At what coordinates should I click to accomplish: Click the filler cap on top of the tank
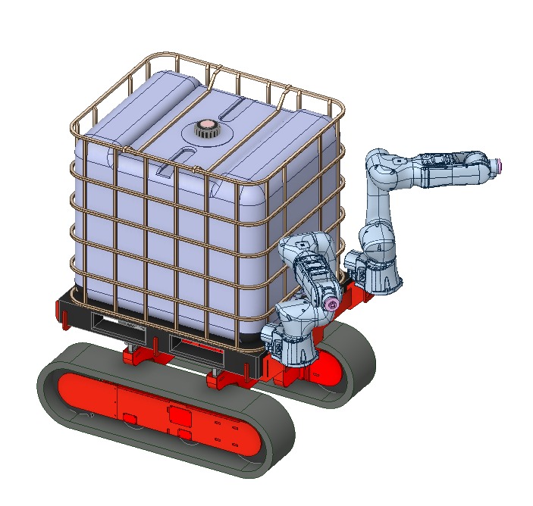(204, 129)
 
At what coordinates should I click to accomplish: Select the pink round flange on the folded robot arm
(330, 304)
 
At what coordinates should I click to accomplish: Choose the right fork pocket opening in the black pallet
(201, 345)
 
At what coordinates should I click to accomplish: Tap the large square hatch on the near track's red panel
(180, 415)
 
